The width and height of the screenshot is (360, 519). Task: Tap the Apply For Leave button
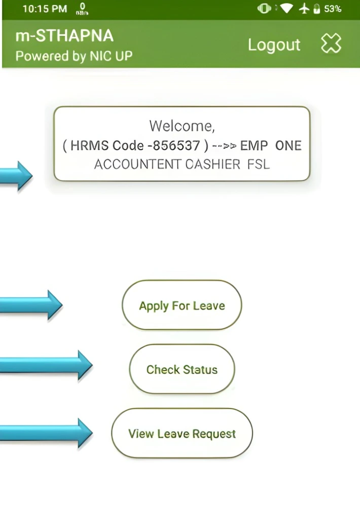(182, 306)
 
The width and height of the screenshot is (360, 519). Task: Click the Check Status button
(182, 369)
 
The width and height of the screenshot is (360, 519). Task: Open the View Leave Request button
(182, 434)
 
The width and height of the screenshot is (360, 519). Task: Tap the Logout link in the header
(274, 45)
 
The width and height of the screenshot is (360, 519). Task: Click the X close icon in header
(331, 45)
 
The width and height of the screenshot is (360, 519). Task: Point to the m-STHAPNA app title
(64, 36)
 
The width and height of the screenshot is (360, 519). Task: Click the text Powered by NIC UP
(74, 56)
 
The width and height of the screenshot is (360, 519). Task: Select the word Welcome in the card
(182, 126)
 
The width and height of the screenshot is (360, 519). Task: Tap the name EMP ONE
(271, 146)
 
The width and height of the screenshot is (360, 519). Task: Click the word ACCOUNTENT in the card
(137, 165)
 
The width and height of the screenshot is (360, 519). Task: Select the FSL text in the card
(259, 165)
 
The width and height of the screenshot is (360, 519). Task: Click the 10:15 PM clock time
(44, 9)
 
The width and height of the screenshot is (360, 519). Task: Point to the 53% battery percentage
(333, 9)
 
